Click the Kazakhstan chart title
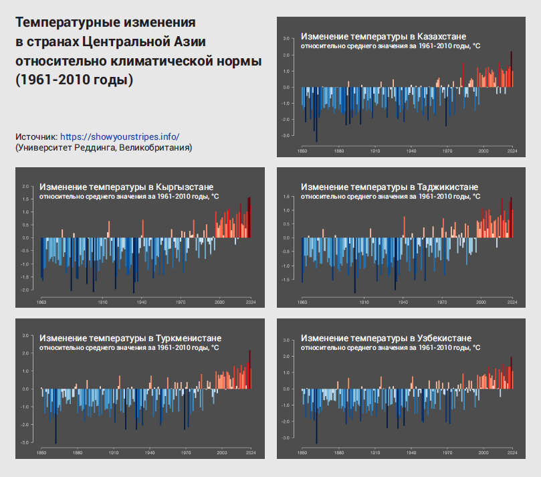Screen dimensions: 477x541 coord(384,35)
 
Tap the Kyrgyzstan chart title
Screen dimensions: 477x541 coord(126,187)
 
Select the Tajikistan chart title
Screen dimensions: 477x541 coord(390,187)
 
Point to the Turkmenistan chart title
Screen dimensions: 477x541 coord(130,338)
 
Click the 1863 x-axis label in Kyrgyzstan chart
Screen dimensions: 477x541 coord(41,302)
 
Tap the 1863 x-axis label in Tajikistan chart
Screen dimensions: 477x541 coord(302,302)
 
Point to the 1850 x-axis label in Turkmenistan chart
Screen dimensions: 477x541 coord(41,452)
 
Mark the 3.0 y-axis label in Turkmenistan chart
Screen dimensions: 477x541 coord(25,335)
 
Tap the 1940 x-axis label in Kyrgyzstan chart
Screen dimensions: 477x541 coord(142,302)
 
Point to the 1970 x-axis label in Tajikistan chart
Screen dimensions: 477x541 coord(442,302)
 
